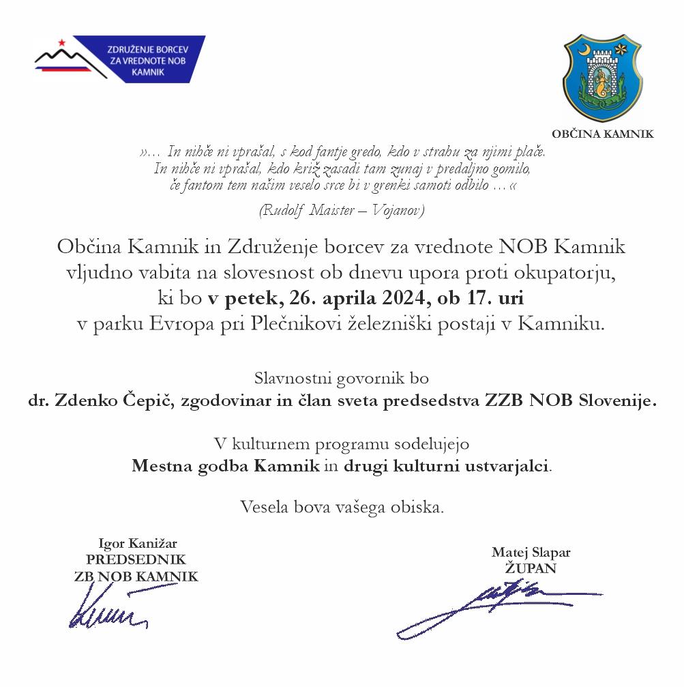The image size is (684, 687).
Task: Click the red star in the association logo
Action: tap(61, 43)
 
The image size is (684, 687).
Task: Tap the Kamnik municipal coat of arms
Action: tap(601, 76)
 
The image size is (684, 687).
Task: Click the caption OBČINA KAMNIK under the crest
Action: tap(602, 134)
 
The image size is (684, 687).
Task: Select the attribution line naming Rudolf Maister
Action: tap(342, 210)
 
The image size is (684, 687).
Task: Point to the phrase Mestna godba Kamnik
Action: tap(226, 467)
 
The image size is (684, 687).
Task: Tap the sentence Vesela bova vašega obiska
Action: tap(342, 507)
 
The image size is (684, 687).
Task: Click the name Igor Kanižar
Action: tap(138, 544)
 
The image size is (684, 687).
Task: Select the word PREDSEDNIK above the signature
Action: tap(136, 559)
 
